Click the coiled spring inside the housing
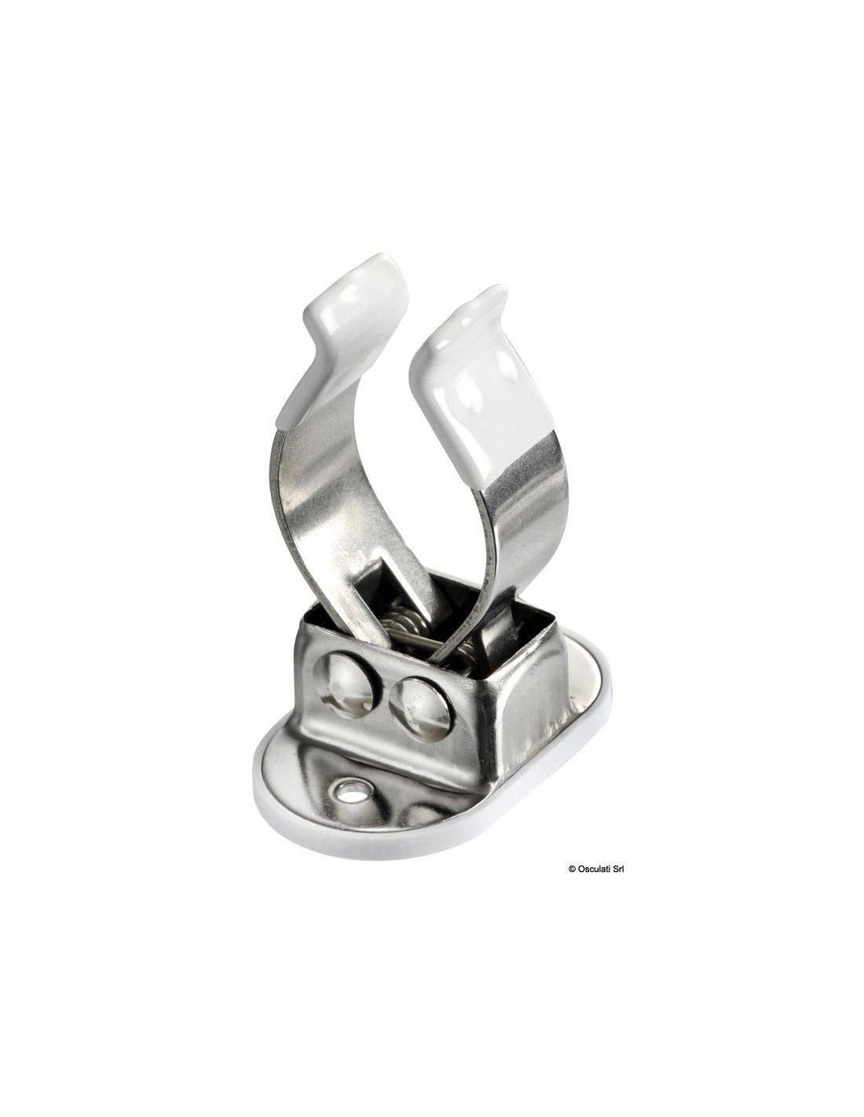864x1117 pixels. tap(406, 626)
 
